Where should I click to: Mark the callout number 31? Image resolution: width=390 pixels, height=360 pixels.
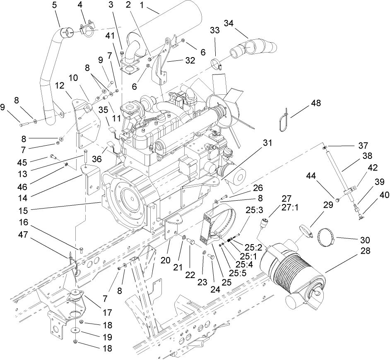[x=267, y=143]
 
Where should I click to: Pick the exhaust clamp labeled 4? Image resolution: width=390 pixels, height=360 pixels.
[x=88, y=30]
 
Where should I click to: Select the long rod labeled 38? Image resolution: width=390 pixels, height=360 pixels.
[x=336, y=170]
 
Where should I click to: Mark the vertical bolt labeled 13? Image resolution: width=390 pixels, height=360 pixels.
[x=85, y=158]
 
